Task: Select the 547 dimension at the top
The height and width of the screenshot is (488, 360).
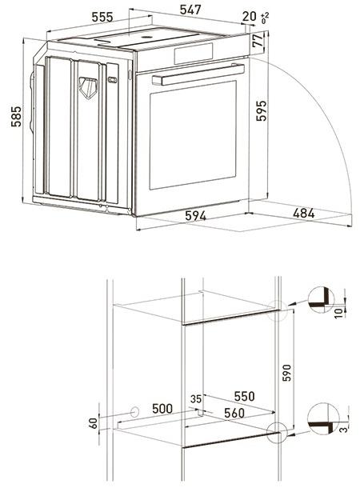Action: (x=190, y=10)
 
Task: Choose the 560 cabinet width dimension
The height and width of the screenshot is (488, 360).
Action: (x=236, y=413)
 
